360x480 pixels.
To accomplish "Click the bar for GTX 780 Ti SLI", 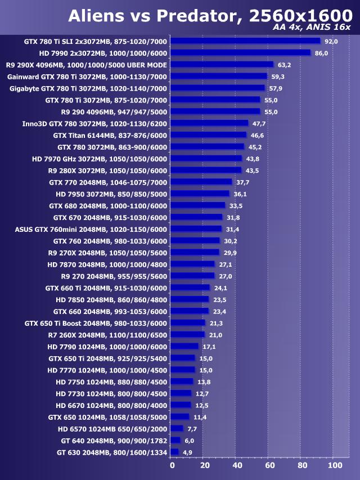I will (245, 41).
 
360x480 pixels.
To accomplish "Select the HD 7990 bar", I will (240, 53).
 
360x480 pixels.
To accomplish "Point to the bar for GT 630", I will (174, 452).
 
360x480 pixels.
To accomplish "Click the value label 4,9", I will (187, 452).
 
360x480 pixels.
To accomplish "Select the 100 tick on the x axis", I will (334, 465).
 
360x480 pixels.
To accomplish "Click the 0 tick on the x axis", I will (172, 465).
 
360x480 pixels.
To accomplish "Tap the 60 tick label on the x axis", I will (269, 465).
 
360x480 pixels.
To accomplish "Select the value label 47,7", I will (259, 123).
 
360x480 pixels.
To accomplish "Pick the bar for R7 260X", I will (187, 335).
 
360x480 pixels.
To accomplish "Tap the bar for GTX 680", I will (197, 205).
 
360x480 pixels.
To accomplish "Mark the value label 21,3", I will (216, 323).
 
